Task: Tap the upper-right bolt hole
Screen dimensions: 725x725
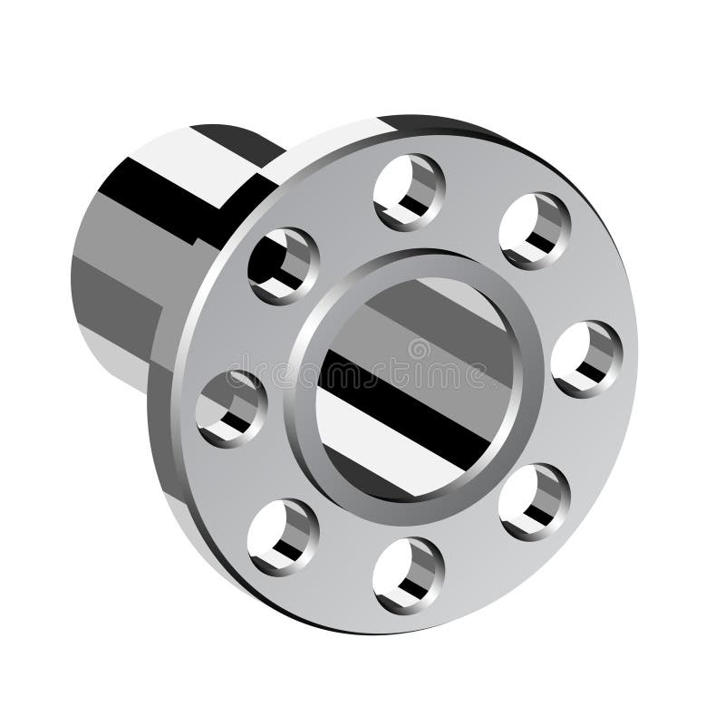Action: coord(535,230)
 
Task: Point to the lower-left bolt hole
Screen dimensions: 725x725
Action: coord(283,536)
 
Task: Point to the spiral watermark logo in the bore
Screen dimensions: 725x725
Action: coord(419,349)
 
